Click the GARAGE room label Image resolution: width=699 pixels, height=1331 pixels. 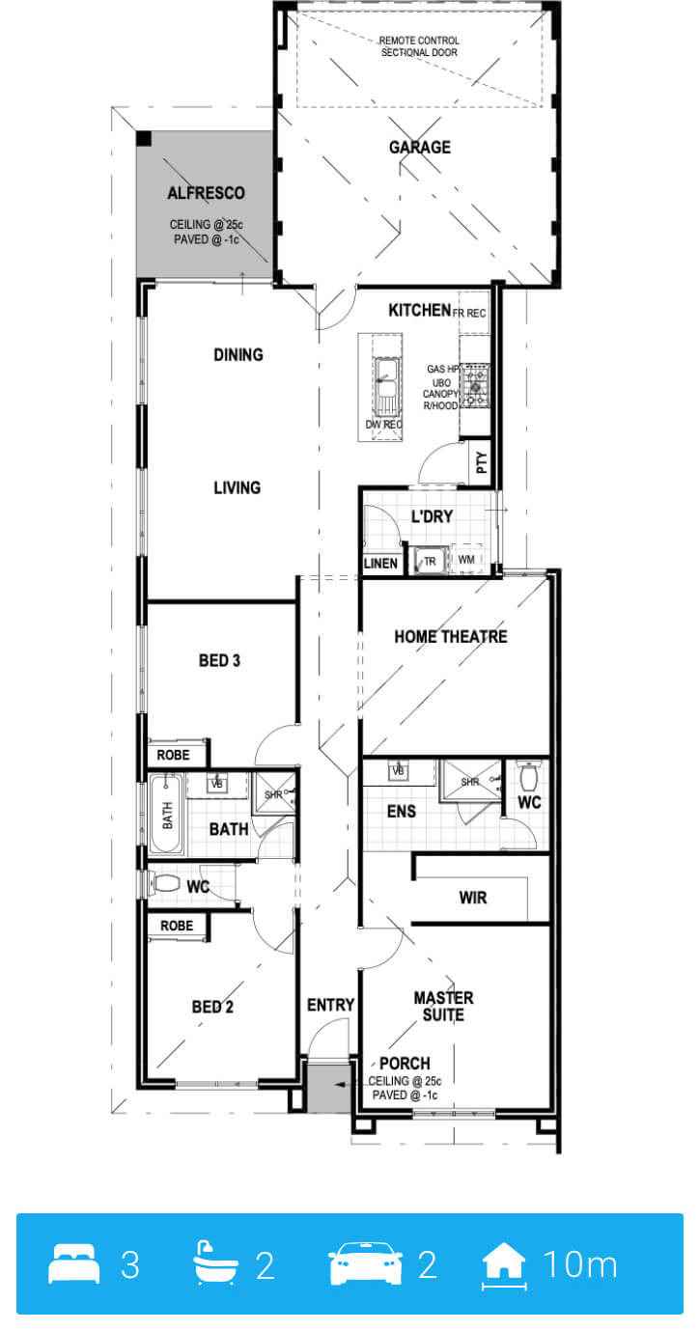tap(420, 147)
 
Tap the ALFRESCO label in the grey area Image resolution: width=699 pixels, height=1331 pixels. tap(206, 193)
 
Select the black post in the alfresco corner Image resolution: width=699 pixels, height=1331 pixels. tap(144, 138)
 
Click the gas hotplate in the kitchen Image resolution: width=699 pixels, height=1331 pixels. tap(476, 386)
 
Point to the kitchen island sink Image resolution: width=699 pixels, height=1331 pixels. tap(385, 379)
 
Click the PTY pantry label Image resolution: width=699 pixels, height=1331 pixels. tap(482, 461)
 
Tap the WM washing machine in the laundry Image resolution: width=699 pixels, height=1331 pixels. tap(466, 559)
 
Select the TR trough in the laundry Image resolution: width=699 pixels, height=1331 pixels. tap(429, 561)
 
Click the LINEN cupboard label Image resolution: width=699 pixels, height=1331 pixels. tap(380, 564)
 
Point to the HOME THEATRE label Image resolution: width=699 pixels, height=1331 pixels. tap(451, 636)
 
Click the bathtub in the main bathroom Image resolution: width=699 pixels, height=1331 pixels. tap(166, 814)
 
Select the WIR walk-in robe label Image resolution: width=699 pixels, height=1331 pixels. tap(472, 898)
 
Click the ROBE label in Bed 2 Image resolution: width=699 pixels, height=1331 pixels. tap(177, 926)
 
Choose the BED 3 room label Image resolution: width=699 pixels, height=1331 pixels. tap(219, 660)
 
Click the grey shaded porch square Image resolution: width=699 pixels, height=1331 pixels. tap(327, 1089)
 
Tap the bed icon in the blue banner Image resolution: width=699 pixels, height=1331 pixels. tap(73, 1263)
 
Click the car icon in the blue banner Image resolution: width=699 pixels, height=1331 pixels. tap(366, 1263)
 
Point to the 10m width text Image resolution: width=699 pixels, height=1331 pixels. tap(580, 1263)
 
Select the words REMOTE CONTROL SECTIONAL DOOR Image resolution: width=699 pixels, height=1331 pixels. tap(419, 46)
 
